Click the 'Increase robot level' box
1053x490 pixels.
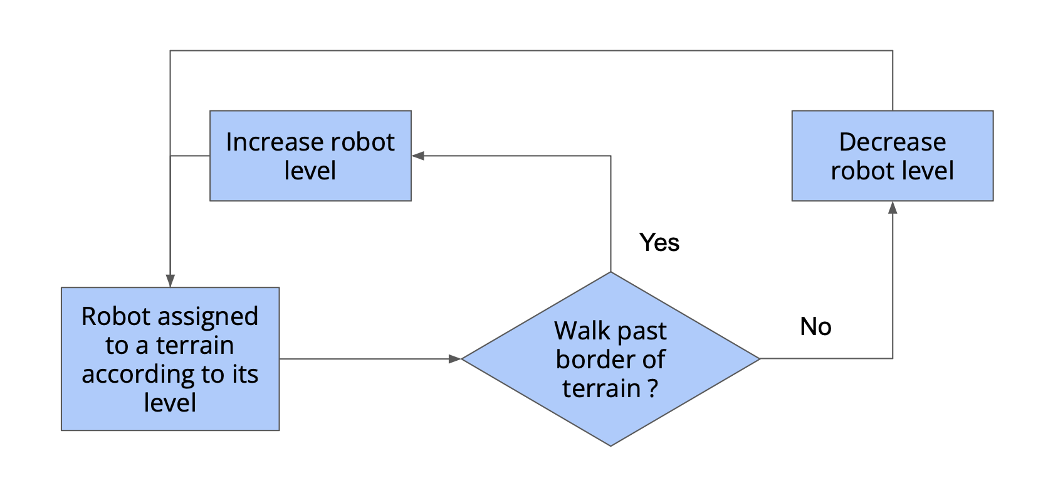coord(310,156)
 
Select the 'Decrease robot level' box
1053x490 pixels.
coord(892,156)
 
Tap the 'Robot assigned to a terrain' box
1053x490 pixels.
coord(170,359)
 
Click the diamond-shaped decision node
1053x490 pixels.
coord(610,359)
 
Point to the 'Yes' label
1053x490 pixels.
coord(659,242)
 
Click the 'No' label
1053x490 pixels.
coord(815,326)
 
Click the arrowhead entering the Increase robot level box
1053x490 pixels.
coord(418,156)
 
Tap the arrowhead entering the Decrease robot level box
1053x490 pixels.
coord(893,208)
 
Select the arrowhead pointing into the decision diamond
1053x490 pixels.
coord(455,359)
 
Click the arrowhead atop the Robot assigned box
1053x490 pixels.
coord(170,280)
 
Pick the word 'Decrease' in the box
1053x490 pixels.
coord(892,142)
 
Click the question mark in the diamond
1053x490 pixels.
coord(653,388)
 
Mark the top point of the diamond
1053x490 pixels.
coord(610,273)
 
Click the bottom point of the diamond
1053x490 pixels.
coord(610,445)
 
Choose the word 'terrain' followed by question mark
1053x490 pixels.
coord(600,388)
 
